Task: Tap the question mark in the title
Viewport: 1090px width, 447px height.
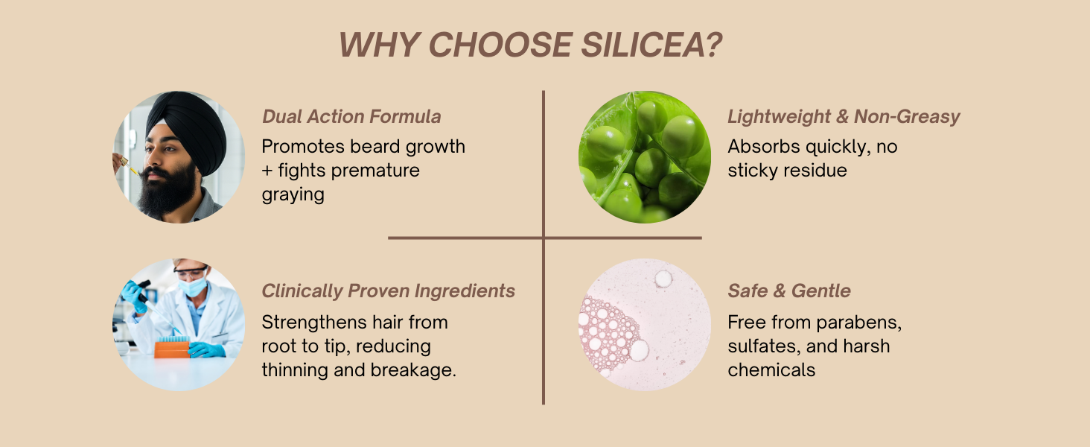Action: tap(713, 45)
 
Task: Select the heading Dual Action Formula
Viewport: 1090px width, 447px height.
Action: tap(351, 116)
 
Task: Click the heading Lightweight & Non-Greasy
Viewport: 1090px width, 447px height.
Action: tap(844, 118)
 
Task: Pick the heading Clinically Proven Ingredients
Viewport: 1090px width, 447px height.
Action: tap(389, 291)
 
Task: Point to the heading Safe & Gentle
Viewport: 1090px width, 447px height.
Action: tap(788, 291)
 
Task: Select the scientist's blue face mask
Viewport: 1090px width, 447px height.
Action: tap(193, 286)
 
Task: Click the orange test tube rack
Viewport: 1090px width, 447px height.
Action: tap(172, 349)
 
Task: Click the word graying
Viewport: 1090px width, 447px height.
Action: tap(293, 195)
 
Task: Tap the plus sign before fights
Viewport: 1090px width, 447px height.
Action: tap(267, 171)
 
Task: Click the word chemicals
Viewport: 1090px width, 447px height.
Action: tap(771, 370)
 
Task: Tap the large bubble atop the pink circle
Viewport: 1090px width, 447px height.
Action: tap(663, 279)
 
